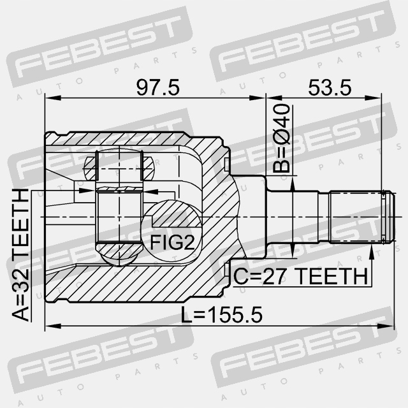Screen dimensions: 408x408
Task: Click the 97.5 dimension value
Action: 158,88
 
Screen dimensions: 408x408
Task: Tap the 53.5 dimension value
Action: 330,88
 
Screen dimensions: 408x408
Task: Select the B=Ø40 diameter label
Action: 282,139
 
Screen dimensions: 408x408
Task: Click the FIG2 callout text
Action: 172,242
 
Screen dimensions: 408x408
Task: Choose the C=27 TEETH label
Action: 301,276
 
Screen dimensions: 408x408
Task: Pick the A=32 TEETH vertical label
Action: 20,255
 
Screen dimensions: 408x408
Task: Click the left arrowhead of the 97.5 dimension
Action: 53,98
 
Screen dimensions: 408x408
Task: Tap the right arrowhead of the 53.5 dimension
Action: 374,98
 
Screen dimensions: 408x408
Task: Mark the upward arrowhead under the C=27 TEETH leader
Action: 372,252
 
